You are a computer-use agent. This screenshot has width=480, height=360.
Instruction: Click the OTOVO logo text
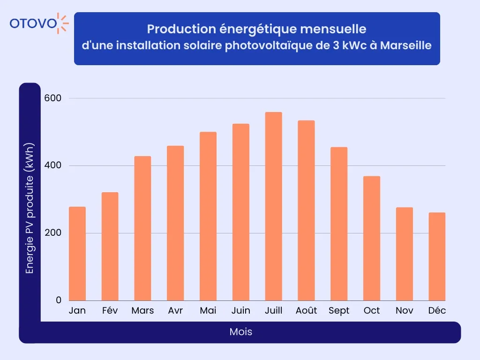pos(33,23)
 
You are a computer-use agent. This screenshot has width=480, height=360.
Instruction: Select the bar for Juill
pos(273,206)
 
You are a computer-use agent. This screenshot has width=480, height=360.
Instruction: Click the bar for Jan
pos(77,254)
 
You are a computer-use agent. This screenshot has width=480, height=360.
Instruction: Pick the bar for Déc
pos(437,256)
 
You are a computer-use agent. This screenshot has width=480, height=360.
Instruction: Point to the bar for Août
pos(306,210)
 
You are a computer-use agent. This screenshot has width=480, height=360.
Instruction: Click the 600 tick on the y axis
pos(53,98)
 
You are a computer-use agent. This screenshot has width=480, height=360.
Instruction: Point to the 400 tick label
pos(53,166)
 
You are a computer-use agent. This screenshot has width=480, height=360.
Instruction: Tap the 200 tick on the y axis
pos(53,233)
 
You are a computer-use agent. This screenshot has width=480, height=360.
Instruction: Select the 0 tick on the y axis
pos(59,300)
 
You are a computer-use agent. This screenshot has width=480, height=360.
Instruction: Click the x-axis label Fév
pos(110,311)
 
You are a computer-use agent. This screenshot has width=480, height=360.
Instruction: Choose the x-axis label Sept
pos(339,311)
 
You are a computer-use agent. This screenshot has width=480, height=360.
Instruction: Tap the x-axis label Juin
pos(241,311)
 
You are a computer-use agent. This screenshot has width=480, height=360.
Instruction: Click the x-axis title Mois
pos(241,332)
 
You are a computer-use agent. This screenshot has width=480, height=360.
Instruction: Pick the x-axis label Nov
pos(404,311)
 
